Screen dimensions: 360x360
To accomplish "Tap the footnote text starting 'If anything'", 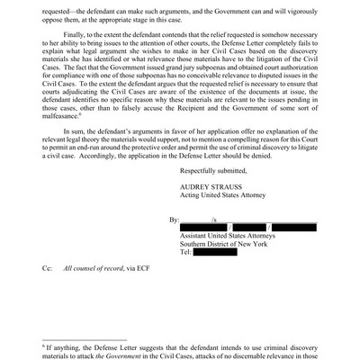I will tap(180, 347).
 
